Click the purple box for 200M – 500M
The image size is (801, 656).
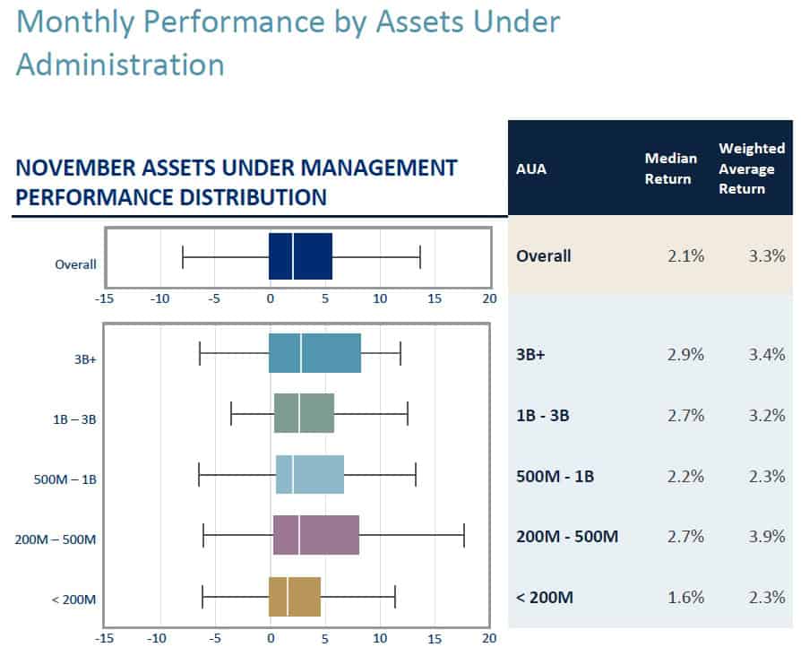315,535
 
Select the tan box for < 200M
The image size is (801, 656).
295,597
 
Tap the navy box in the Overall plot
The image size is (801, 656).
300,257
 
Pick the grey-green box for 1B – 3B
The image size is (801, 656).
304,413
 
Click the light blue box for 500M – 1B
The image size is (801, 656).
310,474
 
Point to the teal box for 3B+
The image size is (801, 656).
314,353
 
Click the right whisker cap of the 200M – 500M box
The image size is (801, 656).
464,535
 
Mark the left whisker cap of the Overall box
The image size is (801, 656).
183,257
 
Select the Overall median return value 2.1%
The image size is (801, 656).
686,256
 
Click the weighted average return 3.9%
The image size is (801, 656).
768,537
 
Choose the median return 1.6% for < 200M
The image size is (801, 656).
686,598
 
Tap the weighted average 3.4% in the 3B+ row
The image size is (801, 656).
768,354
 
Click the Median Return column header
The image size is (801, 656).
670,168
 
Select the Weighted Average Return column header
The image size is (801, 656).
751,168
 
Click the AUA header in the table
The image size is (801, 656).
533,168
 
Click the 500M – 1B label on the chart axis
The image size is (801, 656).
65,479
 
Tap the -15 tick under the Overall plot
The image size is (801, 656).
105,298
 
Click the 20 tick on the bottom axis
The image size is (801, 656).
488,639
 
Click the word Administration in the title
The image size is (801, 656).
120,65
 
